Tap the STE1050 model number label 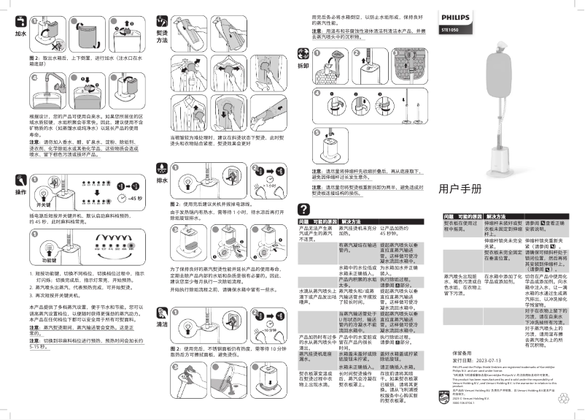(450, 30)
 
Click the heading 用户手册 (460, 188)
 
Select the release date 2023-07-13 (477, 359)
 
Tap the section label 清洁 (162, 324)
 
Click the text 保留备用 (455, 352)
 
